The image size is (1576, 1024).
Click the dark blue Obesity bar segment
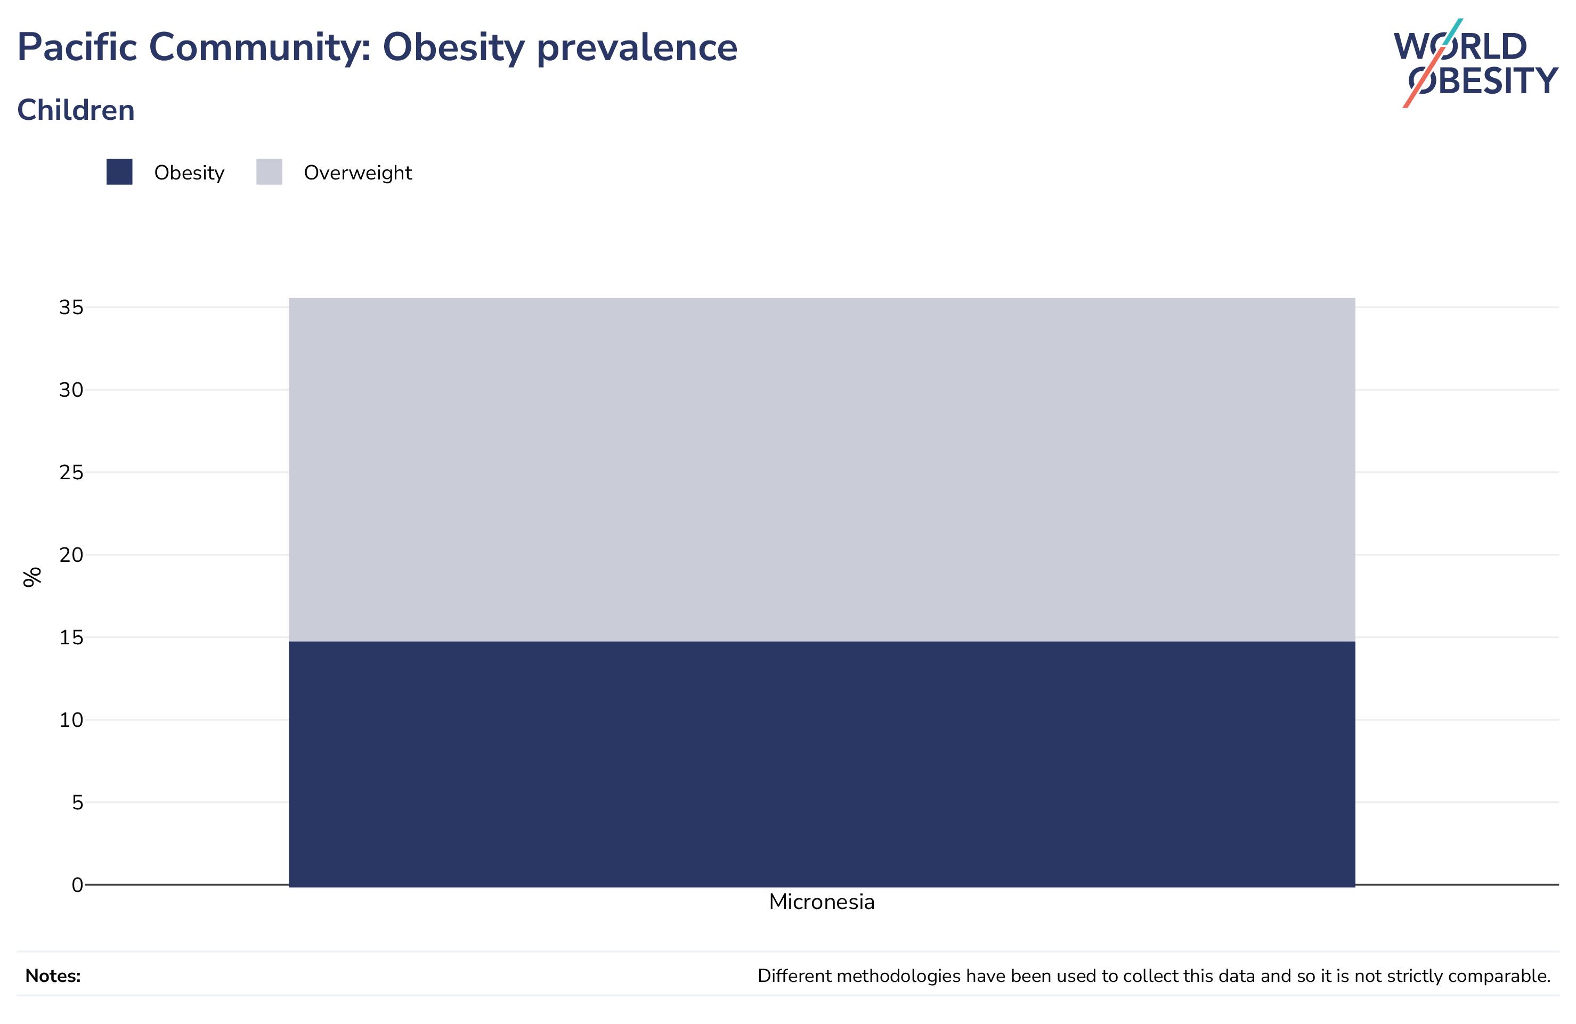click(822, 763)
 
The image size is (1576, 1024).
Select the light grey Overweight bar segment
click(822, 469)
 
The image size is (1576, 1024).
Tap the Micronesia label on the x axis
click(822, 902)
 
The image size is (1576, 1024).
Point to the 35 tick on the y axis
click(71, 307)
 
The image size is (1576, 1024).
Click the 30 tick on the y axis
click(71, 390)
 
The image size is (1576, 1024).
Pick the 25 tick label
click(71, 473)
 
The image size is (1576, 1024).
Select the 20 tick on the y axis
click(71, 555)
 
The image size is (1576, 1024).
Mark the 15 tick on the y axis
click(71, 637)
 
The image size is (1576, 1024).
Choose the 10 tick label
click(71, 720)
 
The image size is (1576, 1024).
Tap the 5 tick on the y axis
click(77, 802)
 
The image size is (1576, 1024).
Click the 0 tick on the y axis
click(77, 885)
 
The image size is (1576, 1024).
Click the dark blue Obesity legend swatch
click(119, 172)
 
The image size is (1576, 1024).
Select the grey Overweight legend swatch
click(269, 172)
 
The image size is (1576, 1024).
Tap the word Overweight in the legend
click(358, 173)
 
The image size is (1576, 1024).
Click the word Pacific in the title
click(77, 47)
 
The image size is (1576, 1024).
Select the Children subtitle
click(76, 110)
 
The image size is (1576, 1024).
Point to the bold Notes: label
click(53, 976)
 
